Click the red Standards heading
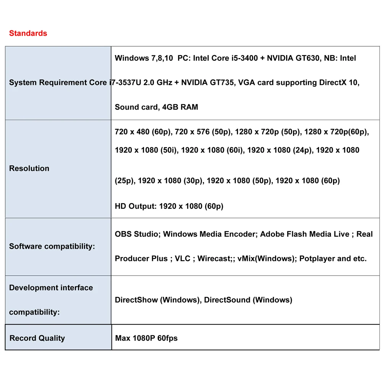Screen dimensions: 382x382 pyautogui.click(x=28, y=33)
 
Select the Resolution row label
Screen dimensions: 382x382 pyautogui.click(x=29, y=168)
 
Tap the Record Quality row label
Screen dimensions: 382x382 pyautogui.click(x=37, y=338)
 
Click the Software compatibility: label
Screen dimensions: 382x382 pyautogui.click(x=52, y=246)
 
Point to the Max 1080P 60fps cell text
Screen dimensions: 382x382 pyautogui.click(x=146, y=338)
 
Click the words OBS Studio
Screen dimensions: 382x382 pyautogui.click(x=136, y=234)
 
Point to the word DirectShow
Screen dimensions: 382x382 pyautogui.click(x=136, y=300)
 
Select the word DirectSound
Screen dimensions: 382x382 pyautogui.click(x=227, y=300)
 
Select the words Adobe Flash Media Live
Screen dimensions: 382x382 pyautogui.click(x=304, y=234)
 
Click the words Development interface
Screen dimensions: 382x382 pyautogui.click(x=51, y=288)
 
